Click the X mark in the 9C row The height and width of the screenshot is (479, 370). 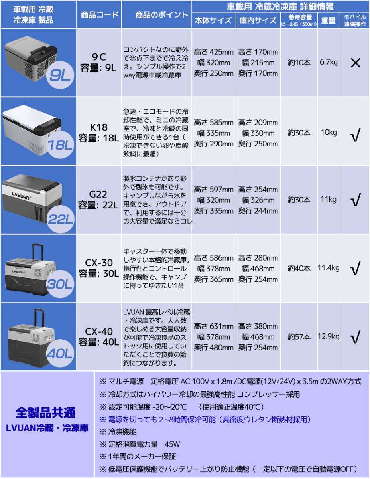[x=355, y=63]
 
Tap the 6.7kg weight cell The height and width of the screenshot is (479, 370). [x=329, y=62]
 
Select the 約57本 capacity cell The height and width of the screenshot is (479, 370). [x=299, y=336]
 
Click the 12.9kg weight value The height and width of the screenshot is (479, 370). [x=329, y=336]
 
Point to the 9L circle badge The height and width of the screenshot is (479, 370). [x=60, y=75]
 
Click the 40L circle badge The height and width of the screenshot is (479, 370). [x=60, y=353]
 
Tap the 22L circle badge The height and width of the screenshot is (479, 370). [x=60, y=219]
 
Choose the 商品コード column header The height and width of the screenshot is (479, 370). [x=100, y=15]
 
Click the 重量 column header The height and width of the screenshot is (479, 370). [x=328, y=20]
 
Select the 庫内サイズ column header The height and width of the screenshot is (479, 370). [x=258, y=20]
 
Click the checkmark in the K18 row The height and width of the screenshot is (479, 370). [x=355, y=135]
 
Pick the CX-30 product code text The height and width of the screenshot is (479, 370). [x=99, y=263]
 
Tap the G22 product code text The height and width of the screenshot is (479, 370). [x=98, y=194]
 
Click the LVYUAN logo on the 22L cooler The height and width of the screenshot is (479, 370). [x=21, y=196]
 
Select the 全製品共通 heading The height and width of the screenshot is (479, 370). [x=45, y=412]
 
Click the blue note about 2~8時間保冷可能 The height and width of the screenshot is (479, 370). [x=205, y=419]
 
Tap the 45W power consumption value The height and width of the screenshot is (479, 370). [x=172, y=444]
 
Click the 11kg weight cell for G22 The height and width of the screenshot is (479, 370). [x=328, y=199]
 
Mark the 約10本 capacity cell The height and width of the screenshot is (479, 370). [x=299, y=63]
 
